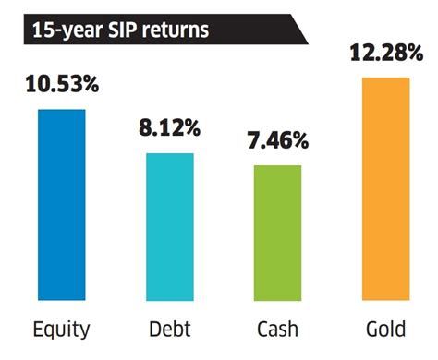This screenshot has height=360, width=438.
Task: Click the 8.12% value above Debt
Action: [x=171, y=131]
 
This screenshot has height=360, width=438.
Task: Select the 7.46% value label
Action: [x=279, y=142]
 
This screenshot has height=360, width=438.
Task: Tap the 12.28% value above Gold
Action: [x=386, y=56]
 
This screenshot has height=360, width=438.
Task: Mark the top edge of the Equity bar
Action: [x=62, y=110]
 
